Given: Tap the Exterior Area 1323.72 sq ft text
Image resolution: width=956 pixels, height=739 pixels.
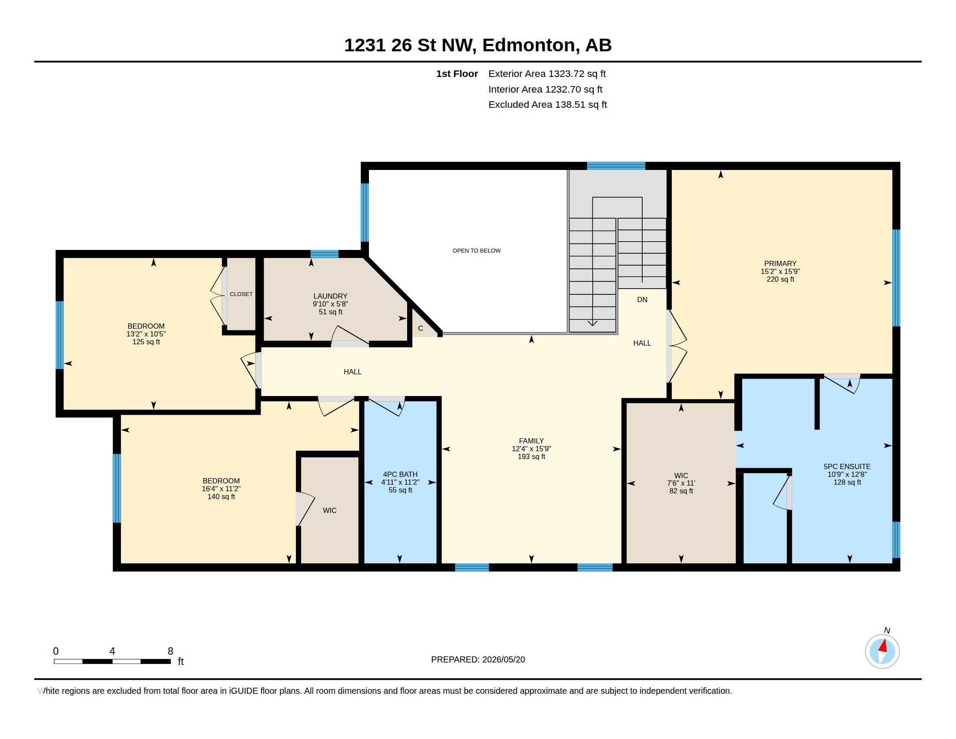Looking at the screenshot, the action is [x=547, y=73].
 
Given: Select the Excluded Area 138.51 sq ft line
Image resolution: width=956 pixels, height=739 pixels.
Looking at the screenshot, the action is [x=547, y=105].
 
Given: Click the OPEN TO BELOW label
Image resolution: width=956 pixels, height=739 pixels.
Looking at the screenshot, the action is [x=476, y=250].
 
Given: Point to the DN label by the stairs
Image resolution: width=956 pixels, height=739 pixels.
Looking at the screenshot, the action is [x=642, y=300].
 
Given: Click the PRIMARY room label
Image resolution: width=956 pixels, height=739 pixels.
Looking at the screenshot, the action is [x=780, y=263].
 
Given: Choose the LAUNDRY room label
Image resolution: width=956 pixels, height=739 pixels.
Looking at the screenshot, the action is [x=330, y=296].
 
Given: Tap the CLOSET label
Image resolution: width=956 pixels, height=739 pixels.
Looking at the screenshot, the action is [x=241, y=294].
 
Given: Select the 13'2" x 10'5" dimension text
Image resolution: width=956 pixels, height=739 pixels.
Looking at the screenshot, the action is [x=146, y=334].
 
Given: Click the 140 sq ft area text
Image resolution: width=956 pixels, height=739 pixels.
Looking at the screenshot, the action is [x=221, y=496].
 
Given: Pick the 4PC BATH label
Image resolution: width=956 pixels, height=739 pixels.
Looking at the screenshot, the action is [x=400, y=474].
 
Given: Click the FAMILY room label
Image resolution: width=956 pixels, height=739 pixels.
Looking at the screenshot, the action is [x=531, y=441].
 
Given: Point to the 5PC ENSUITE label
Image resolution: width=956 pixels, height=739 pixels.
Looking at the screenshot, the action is [x=847, y=467].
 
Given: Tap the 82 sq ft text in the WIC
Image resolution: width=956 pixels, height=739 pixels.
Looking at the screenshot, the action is [x=681, y=491].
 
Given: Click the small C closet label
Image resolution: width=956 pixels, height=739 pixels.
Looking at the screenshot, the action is [x=420, y=328].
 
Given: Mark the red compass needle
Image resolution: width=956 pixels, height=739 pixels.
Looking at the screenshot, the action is [x=883, y=646].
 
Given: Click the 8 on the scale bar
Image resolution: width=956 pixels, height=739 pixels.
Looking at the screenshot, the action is [x=170, y=651].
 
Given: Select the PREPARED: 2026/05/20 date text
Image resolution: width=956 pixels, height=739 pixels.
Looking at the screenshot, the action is [x=478, y=659].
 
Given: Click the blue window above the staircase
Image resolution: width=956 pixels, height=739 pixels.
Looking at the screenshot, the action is [x=616, y=166].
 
